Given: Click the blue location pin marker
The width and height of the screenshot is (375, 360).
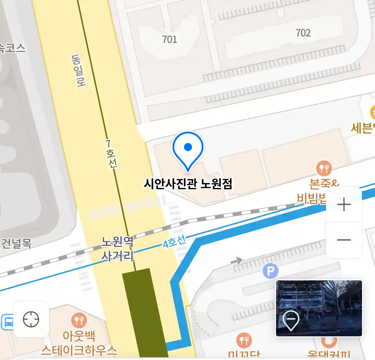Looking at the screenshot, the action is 188,149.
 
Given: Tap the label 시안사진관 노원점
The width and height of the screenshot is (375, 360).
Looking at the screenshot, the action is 188,184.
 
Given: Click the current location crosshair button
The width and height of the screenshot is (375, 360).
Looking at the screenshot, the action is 31,319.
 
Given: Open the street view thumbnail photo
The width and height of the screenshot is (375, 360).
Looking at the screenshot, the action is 319,308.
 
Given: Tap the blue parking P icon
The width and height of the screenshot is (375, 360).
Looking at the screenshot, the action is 270,271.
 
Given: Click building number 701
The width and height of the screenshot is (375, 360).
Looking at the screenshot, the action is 169,40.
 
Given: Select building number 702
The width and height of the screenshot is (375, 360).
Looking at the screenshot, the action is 303,33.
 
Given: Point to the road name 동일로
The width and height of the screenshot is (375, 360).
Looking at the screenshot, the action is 79,71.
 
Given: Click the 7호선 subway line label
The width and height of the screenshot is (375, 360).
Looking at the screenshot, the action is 111,154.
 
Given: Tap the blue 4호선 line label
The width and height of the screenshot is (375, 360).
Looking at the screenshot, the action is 174,242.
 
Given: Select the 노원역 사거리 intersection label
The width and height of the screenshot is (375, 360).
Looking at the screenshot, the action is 117,248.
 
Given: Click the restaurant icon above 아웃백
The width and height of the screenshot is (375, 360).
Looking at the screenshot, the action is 79,321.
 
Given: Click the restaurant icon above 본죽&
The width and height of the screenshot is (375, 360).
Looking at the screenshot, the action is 324,169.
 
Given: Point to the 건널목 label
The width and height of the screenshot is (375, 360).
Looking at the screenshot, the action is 16,243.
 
